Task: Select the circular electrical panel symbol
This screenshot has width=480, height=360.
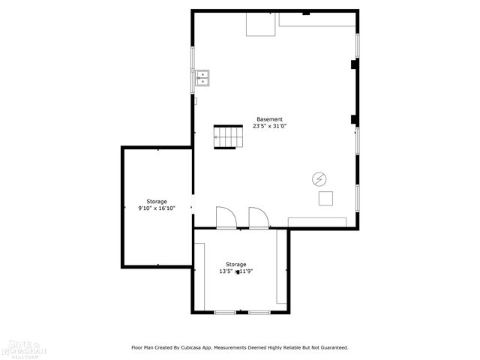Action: (x=319, y=179)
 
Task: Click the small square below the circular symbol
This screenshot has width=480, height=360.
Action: (x=326, y=198)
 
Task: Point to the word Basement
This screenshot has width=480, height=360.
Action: (x=269, y=119)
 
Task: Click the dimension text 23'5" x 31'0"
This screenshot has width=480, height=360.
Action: (x=269, y=127)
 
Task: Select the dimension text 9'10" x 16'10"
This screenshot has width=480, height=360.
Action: (x=157, y=208)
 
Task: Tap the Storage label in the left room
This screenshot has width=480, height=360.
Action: (x=157, y=201)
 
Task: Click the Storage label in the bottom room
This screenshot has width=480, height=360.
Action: (x=236, y=264)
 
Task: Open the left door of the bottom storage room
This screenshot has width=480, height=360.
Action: (x=226, y=217)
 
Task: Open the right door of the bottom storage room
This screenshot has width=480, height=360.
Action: (x=259, y=217)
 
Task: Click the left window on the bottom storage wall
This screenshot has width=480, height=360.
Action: (x=225, y=311)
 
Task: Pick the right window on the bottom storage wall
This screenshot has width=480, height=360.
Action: (x=259, y=311)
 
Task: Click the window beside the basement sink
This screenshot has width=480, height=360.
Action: (x=193, y=69)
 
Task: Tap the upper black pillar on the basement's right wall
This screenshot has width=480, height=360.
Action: (x=354, y=65)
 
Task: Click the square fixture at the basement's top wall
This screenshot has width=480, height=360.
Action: (x=262, y=24)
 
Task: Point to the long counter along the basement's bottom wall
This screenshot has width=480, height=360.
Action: (x=316, y=222)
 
